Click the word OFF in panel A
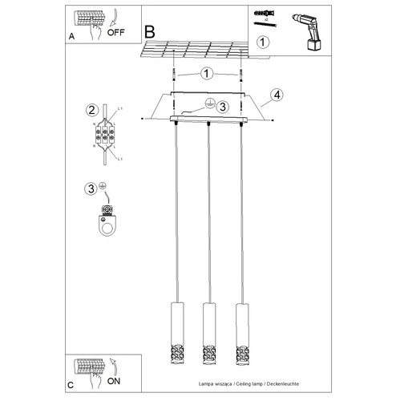click(x=114, y=34)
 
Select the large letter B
click(x=150, y=32)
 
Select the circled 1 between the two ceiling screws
click(x=206, y=74)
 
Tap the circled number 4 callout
click(x=277, y=95)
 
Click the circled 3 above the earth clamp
click(x=91, y=189)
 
